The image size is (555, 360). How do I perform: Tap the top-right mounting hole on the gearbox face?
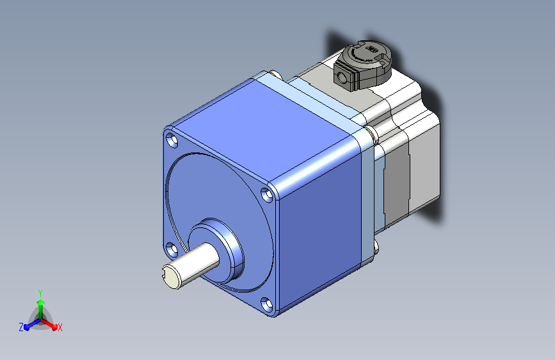(x=267, y=195)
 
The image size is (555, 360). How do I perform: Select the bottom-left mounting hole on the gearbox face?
(x=172, y=249)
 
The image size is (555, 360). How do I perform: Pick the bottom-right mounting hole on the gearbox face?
(x=267, y=304)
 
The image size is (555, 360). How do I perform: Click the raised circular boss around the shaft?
(x=216, y=250)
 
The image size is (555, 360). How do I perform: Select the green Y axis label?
(x=40, y=293)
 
